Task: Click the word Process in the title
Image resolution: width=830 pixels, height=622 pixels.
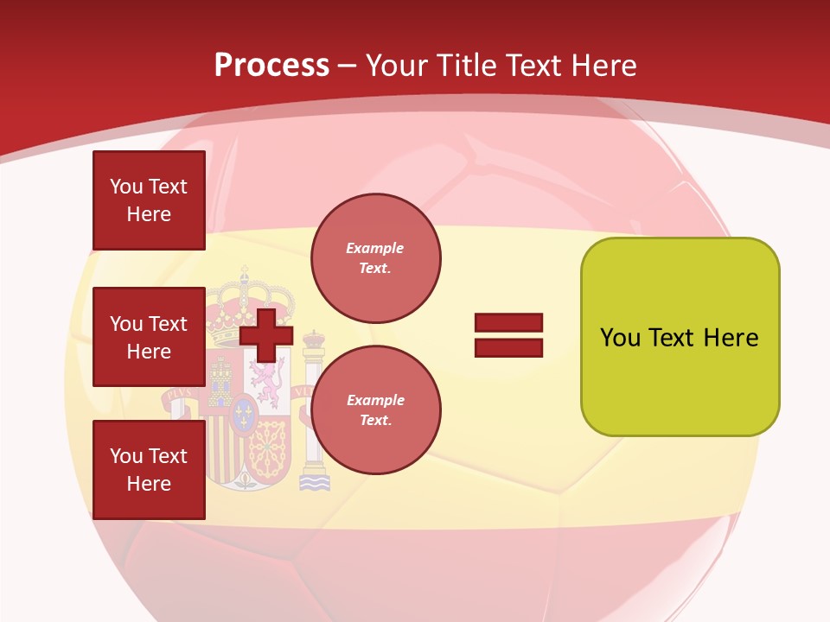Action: (271, 66)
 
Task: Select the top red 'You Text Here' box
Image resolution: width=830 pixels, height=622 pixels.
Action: (149, 200)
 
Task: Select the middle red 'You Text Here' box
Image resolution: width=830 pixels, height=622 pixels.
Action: (149, 337)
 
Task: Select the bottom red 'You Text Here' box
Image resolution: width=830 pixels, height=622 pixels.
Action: (149, 469)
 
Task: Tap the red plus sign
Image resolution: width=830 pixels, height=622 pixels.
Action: (266, 334)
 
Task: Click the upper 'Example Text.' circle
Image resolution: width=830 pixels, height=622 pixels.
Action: (375, 257)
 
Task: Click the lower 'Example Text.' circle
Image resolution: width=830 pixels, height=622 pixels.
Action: (375, 409)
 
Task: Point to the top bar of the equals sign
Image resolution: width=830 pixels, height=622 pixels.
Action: (508, 323)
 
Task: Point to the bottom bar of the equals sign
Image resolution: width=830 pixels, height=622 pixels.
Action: (508, 347)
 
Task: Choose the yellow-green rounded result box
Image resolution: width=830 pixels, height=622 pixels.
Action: (680, 380)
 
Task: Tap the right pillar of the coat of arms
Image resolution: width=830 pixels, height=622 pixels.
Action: (314, 406)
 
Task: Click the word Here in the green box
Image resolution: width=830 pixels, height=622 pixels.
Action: (731, 338)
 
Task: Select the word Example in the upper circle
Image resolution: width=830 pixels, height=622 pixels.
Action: (375, 248)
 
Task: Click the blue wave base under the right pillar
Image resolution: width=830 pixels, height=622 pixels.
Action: (315, 482)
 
